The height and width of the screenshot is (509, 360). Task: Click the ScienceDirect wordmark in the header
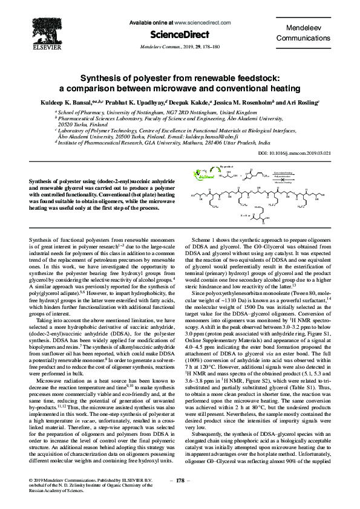pyautogui.click(x=180, y=34)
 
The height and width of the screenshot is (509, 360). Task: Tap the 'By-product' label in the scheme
pyautogui.click(x=226, y=165)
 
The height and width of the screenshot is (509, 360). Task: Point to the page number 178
pyautogui.click(x=180, y=480)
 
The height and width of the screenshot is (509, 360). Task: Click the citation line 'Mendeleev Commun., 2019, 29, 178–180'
pyautogui.click(x=180, y=45)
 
